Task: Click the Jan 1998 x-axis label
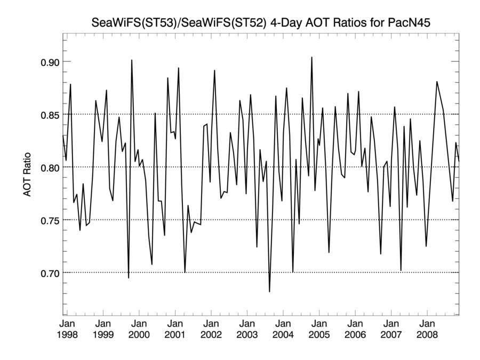click(x=68, y=329)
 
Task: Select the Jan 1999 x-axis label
click(x=103, y=329)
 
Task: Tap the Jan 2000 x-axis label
click(x=139, y=329)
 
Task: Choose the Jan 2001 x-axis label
click(x=175, y=329)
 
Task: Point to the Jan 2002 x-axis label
click(x=211, y=329)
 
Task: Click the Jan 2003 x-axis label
click(x=247, y=329)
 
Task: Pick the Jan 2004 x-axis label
click(x=283, y=329)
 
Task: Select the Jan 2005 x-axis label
click(x=319, y=329)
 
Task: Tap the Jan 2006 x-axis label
click(x=355, y=329)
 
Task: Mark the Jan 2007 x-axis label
click(x=391, y=329)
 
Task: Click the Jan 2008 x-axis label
click(x=427, y=329)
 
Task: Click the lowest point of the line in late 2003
click(x=269, y=292)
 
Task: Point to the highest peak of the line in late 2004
click(x=312, y=57)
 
